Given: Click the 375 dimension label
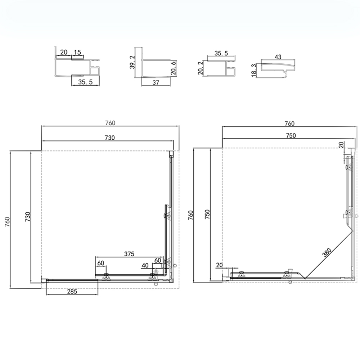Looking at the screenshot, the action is tap(129, 254).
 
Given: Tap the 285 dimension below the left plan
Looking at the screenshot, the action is tap(72, 291).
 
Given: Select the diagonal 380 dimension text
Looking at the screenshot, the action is tap(327, 253).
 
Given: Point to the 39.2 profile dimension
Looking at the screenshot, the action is tap(132, 62).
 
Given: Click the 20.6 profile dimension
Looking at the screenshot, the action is tap(174, 68).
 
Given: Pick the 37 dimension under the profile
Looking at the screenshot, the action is tap(156, 82).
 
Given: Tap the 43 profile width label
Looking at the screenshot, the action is tap(278, 57).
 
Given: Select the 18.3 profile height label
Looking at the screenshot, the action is tap(254, 70).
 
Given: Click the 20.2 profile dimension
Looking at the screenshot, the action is tap(200, 68).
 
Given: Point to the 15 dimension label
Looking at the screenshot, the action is tap(78, 52).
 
